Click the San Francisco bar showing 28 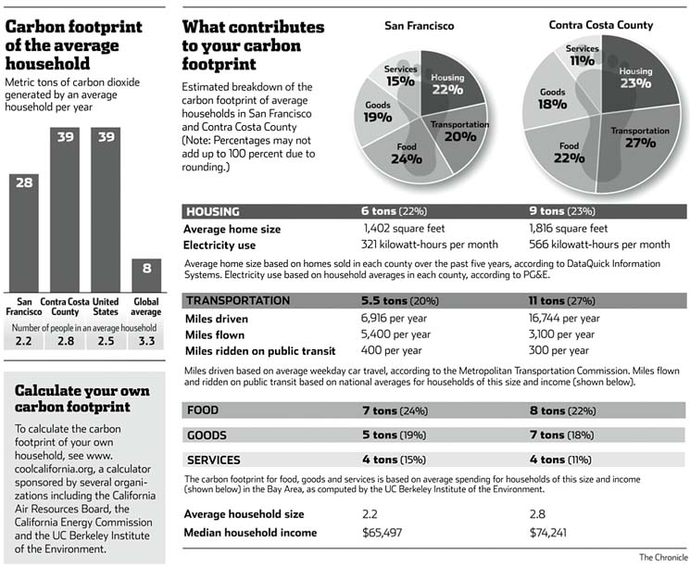[x=24, y=232]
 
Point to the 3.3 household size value [x=146, y=344]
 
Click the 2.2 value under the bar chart [x=24, y=344]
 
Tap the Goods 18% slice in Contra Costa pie [x=554, y=100]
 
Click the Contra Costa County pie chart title [x=600, y=25]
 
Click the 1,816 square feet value [x=568, y=228]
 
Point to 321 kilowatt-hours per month [x=430, y=245]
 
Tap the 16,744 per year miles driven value [x=565, y=318]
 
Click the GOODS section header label [x=208, y=435]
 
